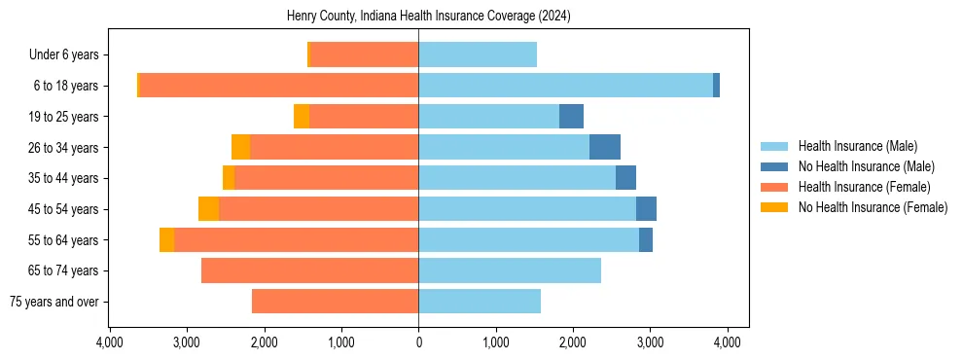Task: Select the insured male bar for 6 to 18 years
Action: tap(565, 86)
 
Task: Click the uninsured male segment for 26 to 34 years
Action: tap(604, 147)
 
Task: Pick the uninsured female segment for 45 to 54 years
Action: tap(209, 209)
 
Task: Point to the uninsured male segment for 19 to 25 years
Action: tap(571, 117)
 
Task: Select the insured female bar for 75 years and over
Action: tap(335, 302)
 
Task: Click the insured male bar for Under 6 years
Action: tap(478, 54)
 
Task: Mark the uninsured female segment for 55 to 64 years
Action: tap(167, 240)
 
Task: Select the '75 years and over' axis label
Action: tap(53, 302)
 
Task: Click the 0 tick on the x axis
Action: tap(418, 342)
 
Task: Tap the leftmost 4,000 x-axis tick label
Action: tap(110, 342)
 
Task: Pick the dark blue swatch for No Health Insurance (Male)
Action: tap(774, 167)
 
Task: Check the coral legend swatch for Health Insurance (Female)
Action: tap(774, 187)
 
